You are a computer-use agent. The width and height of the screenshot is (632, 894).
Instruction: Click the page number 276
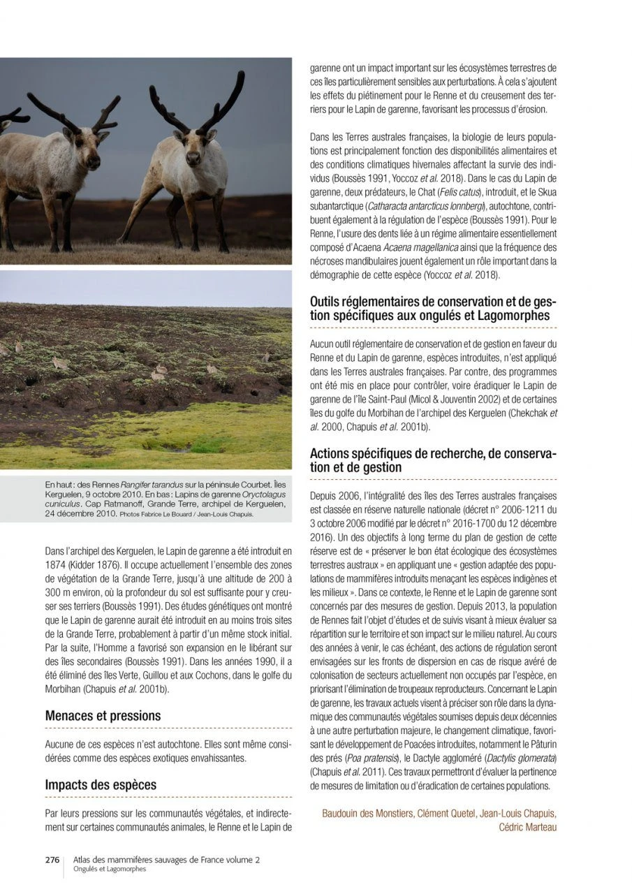52,860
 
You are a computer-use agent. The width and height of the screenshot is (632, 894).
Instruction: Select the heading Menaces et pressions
103,715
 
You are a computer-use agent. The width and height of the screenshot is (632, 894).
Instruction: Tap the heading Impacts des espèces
101,784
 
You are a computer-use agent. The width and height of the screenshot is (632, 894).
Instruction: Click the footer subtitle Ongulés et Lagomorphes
110,869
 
